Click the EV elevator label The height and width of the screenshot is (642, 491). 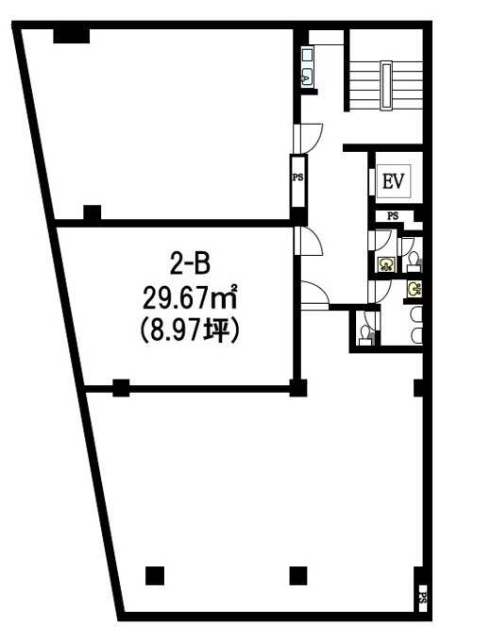point(393,181)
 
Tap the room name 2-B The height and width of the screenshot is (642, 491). point(189,263)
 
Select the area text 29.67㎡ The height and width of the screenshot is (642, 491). point(190,298)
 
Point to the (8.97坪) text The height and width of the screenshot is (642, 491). point(190,330)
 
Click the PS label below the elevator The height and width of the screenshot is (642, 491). point(393,216)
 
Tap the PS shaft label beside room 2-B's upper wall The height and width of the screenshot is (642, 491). point(297,177)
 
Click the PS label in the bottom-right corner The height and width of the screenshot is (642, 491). point(423,599)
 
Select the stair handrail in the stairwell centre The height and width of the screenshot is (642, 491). point(386,85)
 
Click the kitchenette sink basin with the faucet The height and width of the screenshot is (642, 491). point(307,77)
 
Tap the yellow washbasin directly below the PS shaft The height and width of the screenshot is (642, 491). point(386,264)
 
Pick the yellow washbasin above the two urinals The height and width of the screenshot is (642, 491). point(415,289)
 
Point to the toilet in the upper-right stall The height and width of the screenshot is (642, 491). point(414,262)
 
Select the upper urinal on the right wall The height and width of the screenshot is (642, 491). point(416,314)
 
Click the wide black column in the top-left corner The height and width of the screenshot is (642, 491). point(71,36)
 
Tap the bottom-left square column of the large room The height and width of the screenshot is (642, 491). point(155,576)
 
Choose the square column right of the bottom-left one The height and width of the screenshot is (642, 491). point(298,576)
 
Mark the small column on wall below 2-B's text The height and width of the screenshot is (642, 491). point(121,388)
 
